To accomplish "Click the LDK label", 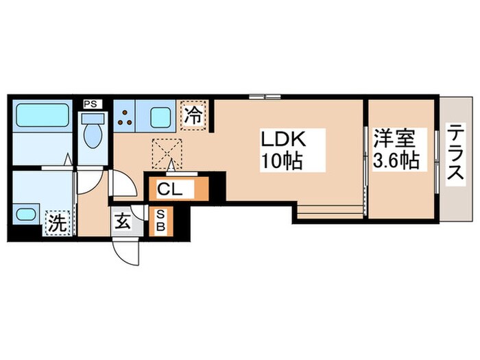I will (x=280, y=139).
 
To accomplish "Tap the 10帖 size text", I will (x=280, y=163).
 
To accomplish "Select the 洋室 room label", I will (x=396, y=139).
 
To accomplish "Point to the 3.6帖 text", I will (x=396, y=162).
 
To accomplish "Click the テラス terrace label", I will (x=455, y=155).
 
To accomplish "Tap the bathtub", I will (x=41, y=115).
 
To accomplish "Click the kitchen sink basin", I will (x=160, y=117).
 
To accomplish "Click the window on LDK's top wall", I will (x=265, y=95).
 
